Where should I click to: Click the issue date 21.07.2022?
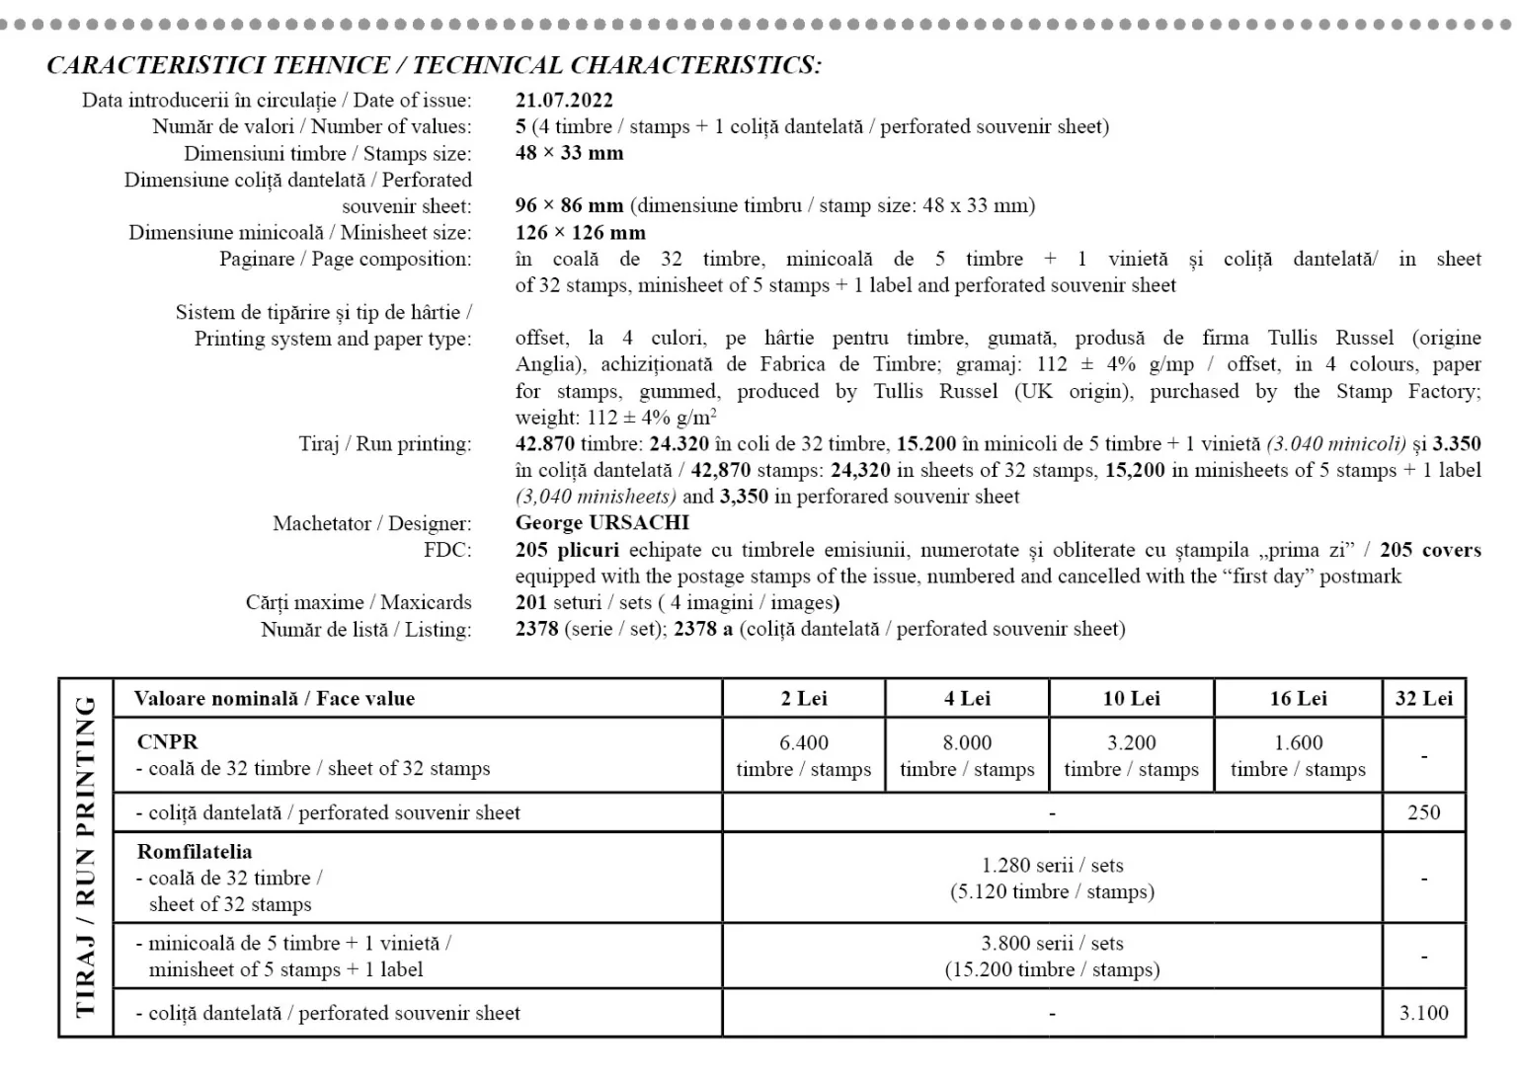click(564, 100)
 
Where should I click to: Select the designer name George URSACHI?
click(601, 522)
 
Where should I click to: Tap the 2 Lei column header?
click(804, 699)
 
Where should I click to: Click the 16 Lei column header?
click(1298, 699)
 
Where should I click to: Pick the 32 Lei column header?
click(1423, 699)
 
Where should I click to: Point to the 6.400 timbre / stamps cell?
click(804, 756)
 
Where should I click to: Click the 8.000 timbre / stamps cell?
click(967, 756)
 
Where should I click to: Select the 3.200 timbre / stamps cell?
click(1131, 756)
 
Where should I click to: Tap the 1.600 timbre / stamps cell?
click(1298, 756)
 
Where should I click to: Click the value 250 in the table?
click(1423, 812)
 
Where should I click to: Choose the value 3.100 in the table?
click(1423, 1013)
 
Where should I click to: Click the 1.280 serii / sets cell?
click(1052, 878)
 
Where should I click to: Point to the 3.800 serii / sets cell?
click(1052, 956)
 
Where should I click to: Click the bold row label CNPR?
click(168, 741)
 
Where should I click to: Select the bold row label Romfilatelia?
click(195, 851)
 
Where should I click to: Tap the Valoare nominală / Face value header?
click(275, 699)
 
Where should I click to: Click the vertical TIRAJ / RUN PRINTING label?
click(86, 856)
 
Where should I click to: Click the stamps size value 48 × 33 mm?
click(570, 153)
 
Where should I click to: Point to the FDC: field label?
click(447, 550)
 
